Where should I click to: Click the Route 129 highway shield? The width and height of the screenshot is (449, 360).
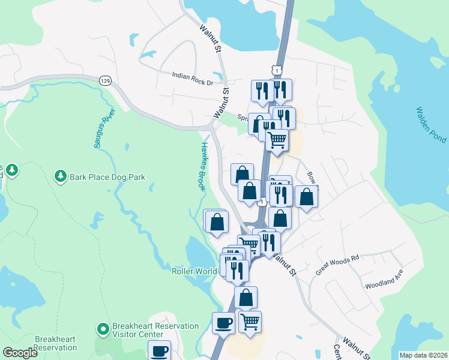coord(106,80)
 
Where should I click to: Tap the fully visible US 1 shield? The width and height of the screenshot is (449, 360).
coord(276,70)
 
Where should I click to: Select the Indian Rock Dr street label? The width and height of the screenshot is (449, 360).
coord(193,75)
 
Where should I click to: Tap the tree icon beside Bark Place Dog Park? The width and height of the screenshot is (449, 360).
coord(60,176)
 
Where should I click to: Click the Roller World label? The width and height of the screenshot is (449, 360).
coord(194,271)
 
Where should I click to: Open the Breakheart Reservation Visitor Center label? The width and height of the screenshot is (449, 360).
coord(155,330)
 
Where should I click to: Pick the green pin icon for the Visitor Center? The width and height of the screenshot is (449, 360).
coord(103,329)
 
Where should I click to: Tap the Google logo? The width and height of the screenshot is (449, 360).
coord(20,353)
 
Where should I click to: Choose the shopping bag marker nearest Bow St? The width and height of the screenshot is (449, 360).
coord(306,197)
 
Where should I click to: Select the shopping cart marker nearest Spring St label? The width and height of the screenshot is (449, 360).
coord(277,139)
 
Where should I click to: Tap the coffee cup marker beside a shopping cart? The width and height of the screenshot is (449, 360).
coord(223,323)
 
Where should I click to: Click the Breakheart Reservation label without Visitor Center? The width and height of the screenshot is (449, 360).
coord(55,343)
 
